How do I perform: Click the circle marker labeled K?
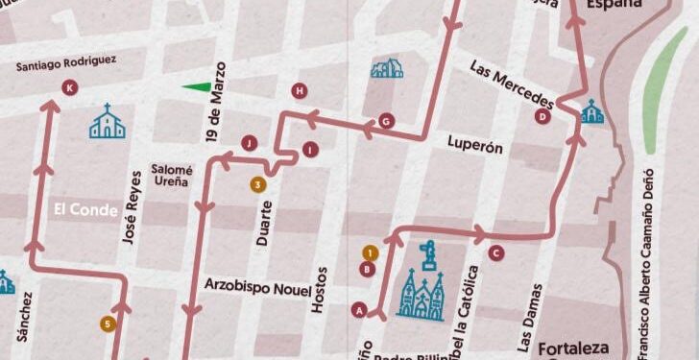[x=68, y=88]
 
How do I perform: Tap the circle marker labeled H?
[x=301, y=91]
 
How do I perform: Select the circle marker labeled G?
[x=386, y=121]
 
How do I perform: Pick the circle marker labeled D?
[x=542, y=117]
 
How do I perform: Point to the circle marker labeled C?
[x=495, y=253]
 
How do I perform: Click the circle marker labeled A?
[x=360, y=309]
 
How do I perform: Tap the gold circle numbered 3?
[x=256, y=184]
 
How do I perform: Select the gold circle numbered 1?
[x=369, y=252]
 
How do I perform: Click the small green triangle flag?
[x=197, y=87]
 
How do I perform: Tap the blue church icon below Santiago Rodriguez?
[x=107, y=122]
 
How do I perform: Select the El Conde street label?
[x=85, y=208]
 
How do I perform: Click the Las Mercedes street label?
[x=513, y=84]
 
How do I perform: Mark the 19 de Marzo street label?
[x=213, y=102]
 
